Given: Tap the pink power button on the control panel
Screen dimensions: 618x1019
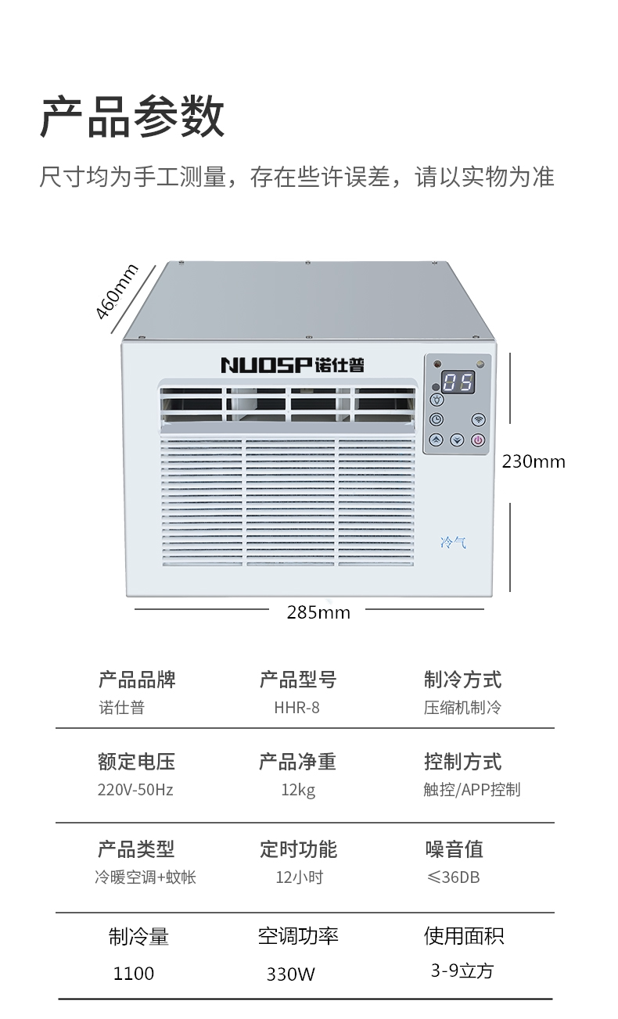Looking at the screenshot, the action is (479, 440).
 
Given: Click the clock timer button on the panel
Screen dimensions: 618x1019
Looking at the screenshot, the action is (437, 419).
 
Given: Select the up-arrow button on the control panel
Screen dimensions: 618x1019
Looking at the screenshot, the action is (437, 440).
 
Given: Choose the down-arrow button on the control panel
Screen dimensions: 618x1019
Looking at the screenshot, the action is (458, 440).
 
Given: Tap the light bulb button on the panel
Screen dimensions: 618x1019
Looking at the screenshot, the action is (437, 399).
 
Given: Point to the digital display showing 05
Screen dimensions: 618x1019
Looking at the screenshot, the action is (458, 382).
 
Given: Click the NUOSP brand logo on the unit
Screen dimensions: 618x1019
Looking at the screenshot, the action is (292, 364).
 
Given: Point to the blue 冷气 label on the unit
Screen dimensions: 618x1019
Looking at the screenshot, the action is (453, 542).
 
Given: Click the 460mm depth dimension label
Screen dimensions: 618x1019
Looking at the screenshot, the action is (116, 292).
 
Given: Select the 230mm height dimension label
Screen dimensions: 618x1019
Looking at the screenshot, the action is (534, 461).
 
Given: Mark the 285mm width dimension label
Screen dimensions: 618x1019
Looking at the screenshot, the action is (318, 612).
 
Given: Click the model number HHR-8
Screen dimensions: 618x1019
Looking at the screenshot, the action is (297, 708).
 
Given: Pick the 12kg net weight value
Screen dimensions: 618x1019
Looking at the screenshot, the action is (298, 790).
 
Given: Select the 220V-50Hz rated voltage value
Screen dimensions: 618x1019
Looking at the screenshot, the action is (135, 790).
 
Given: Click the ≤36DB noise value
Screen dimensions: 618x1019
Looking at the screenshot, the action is (454, 877).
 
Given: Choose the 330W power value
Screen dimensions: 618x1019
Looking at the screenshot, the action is (291, 974).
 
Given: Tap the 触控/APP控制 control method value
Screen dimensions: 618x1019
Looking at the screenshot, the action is (472, 790).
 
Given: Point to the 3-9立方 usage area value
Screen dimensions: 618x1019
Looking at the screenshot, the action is (462, 971).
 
